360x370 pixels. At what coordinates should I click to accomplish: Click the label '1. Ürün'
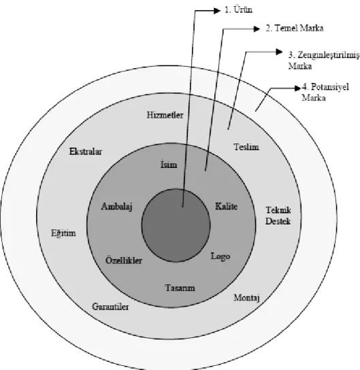tap(238, 10)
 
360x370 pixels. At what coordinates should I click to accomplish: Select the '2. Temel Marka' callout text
tap(295, 28)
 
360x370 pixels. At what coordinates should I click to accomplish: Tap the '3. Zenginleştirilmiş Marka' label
tap(324, 61)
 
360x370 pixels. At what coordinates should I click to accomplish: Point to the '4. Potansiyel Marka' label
tap(325, 92)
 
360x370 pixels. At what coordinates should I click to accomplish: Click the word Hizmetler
tap(165, 115)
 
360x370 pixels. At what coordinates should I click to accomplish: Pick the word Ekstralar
tap(86, 151)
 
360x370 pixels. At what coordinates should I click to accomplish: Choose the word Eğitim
tap(63, 233)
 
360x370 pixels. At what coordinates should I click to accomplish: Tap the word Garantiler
tap(110, 307)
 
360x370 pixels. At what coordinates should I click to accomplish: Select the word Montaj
tap(246, 298)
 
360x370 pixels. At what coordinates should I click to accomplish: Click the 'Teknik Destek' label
tap(278, 216)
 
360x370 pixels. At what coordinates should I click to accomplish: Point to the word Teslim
tap(246, 147)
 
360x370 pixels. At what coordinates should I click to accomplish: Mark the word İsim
tap(169, 164)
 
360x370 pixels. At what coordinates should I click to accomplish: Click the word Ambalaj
tap(116, 207)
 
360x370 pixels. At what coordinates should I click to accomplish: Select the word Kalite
tap(226, 206)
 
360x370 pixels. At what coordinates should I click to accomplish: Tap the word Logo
tap(220, 256)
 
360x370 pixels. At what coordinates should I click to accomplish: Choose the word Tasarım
tap(180, 288)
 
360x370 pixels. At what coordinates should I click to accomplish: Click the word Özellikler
tap(124, 260)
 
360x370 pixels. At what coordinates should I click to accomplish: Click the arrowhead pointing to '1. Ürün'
tap(216, 11)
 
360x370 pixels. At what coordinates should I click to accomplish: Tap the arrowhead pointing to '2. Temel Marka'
tap(257, 29)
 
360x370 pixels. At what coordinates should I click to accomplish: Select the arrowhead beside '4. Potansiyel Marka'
tap(298, 88)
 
